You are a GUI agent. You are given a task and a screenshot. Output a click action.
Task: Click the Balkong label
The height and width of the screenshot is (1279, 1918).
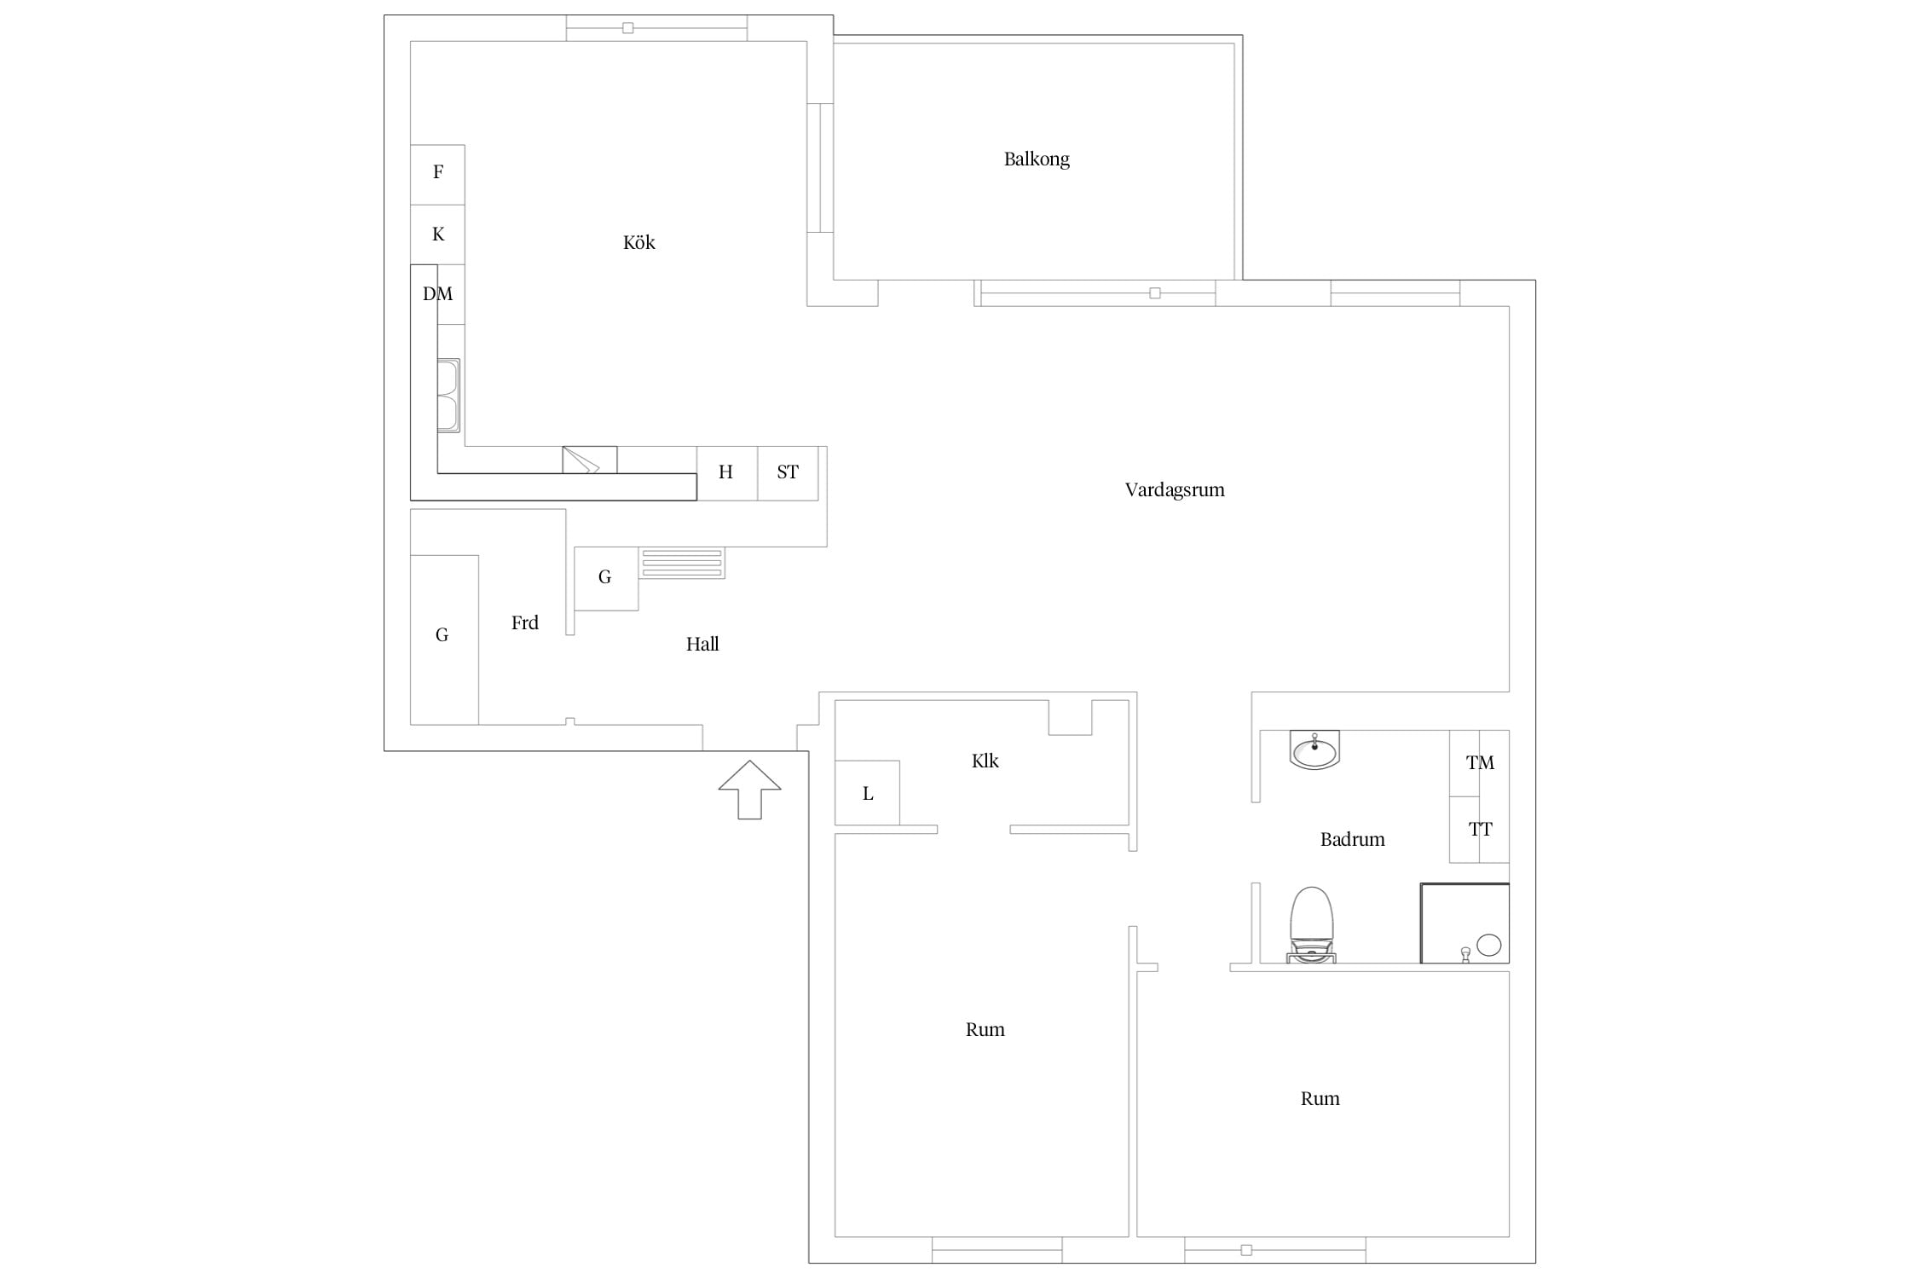click(1036, 159)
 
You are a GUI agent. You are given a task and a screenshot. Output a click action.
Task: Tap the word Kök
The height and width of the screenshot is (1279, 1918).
click(638, 243)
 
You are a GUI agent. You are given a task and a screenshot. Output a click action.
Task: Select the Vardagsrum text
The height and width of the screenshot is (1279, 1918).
click(1174, 490)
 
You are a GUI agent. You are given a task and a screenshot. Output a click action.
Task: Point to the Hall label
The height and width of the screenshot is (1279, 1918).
click(702, 645)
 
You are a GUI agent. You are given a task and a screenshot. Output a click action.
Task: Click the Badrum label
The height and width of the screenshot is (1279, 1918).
click(1352, 840)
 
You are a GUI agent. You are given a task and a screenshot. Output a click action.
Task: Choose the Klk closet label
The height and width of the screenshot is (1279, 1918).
click(985, 761)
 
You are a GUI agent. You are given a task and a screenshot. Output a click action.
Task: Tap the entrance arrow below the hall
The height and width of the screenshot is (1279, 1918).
click(749, 790)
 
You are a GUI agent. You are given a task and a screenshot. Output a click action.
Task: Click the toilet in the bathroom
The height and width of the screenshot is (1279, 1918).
click(1311, 925)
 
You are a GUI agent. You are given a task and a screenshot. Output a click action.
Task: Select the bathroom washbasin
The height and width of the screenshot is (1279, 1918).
click(1314, 750)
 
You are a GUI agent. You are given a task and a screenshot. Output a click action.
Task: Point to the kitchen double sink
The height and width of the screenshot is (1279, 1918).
click(448, 396)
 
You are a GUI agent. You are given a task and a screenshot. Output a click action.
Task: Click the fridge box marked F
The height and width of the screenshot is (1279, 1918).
click(437, 175)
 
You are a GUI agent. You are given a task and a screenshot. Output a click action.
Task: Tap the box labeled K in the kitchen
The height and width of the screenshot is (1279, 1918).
click(437, 234)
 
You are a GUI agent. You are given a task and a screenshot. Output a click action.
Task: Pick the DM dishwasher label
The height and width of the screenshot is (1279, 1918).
click(437, 294)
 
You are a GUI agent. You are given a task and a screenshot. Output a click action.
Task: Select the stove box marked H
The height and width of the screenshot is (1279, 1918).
click(726, 472)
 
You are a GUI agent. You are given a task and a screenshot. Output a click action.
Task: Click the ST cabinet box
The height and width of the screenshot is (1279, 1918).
click(788, 472)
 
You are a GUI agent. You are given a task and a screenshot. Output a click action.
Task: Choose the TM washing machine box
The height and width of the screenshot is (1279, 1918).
click(1479, 763)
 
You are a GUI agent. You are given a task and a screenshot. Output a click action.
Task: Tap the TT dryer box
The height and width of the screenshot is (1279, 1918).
click(1479, 830)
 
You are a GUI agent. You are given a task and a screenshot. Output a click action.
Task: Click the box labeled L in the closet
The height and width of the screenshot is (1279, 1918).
click(867, 793)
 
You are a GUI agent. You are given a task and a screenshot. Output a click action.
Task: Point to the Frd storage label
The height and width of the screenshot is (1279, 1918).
click(524, 623)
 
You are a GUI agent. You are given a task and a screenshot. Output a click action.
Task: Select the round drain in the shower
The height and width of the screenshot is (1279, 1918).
click(1488, 945)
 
